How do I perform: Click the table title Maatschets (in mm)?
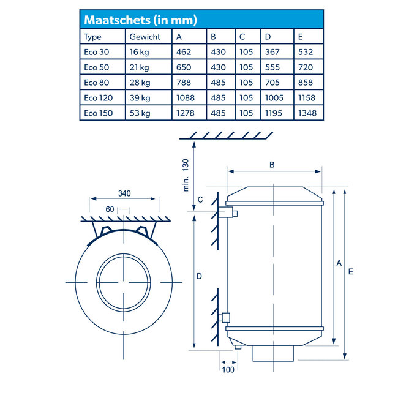[140, 20]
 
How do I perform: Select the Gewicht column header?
[145, 37]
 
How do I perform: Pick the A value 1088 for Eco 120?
[186, 98]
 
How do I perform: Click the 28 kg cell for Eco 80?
[138, 83]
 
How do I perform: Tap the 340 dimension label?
[125, 194]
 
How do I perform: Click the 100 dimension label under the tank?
[228, 370]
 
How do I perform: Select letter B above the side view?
[272, 164]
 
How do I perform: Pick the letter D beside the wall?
[199, 276]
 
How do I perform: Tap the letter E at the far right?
[350, 271]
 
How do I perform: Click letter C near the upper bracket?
[200, 200]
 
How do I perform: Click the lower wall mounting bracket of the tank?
[225, 317]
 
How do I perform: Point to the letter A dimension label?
[339, 263]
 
